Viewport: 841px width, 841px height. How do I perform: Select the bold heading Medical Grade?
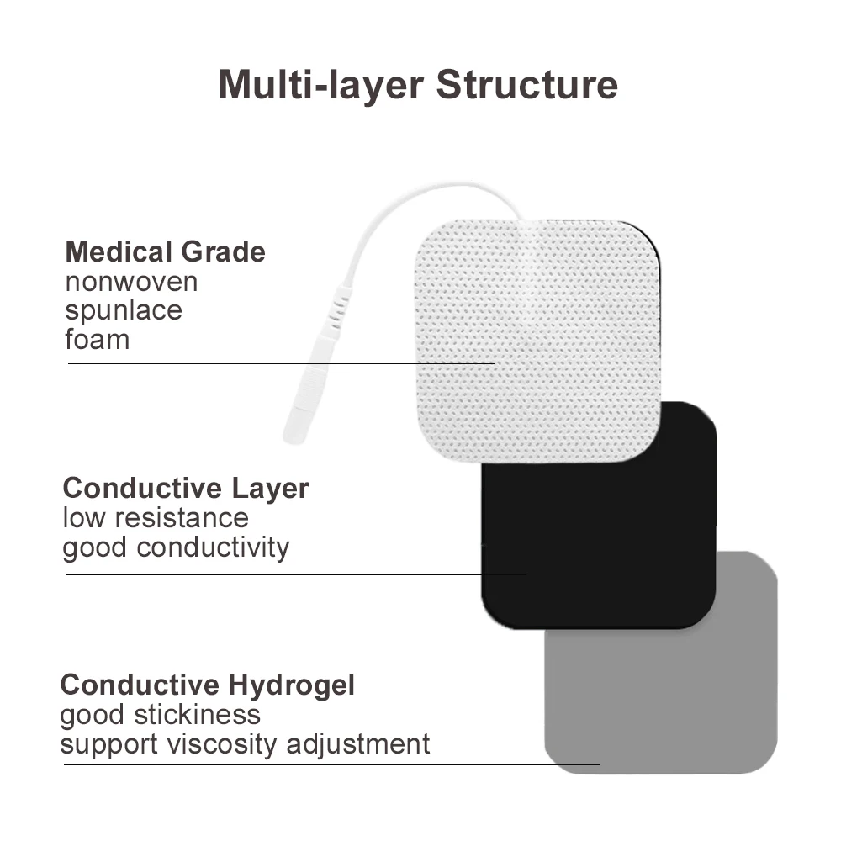(x=165, y=251)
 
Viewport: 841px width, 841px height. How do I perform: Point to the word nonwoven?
(x=131, y=282)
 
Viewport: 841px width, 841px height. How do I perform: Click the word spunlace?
(x=124, y=310)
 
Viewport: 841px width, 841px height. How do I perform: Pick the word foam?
(x=98, y=340)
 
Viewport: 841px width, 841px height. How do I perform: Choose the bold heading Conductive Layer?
(x=186, y=488)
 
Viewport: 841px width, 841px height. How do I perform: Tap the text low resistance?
(x=156, y=517)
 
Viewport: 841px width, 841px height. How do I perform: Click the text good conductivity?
(x=176, y=547)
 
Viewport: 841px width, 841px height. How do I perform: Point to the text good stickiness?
(x=160, y=715)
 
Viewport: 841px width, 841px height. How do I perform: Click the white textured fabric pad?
(x=538, y=336)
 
